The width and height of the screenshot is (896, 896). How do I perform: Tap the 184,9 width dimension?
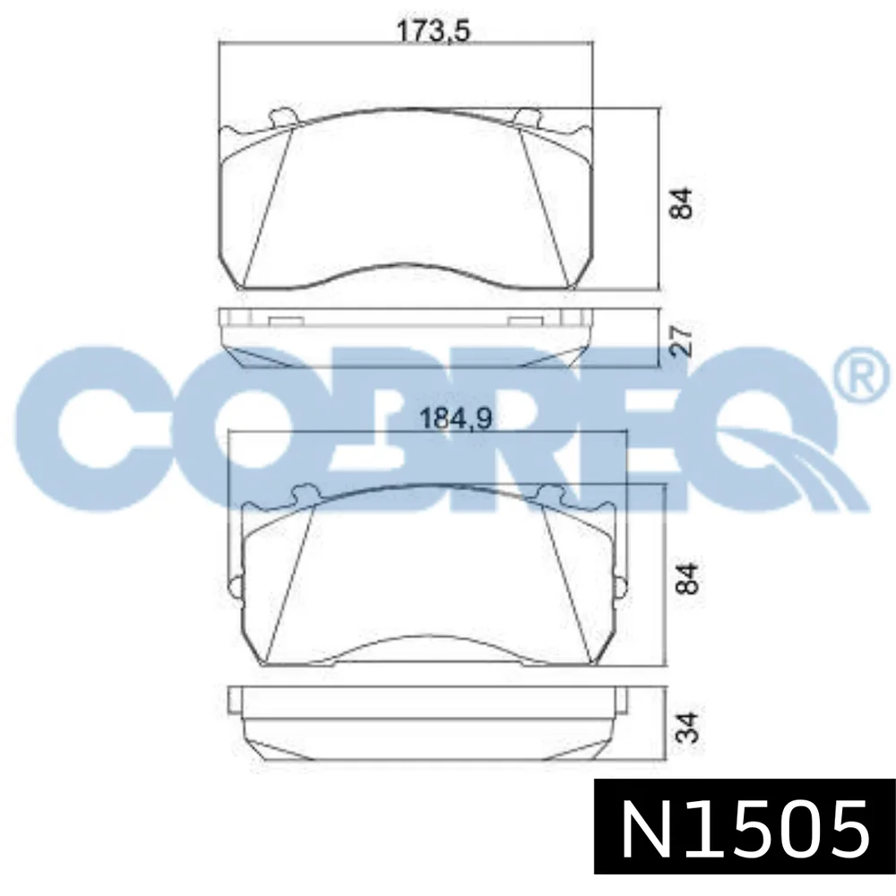[455, 418]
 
